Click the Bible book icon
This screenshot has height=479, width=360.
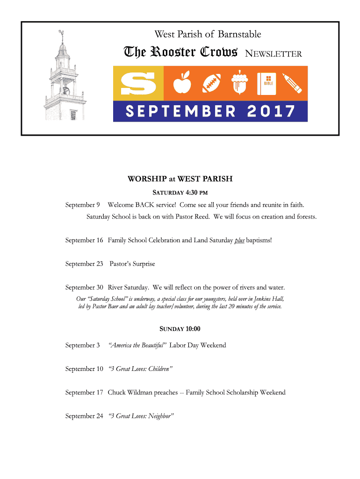point(268,83)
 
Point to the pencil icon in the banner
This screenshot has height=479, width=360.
point(293,83)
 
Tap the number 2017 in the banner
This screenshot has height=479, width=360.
point(272,111)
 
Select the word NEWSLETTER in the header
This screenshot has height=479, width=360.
point(274,54)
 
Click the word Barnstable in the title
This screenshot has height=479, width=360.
point(239,34)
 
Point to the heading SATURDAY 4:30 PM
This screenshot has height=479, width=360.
point(180,192)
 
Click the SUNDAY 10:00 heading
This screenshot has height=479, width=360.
point(180,329)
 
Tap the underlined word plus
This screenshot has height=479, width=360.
point(239,240)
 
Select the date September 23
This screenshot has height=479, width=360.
point(84,264)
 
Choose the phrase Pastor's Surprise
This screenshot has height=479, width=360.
point(132,264)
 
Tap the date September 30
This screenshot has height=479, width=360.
point(84,287)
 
